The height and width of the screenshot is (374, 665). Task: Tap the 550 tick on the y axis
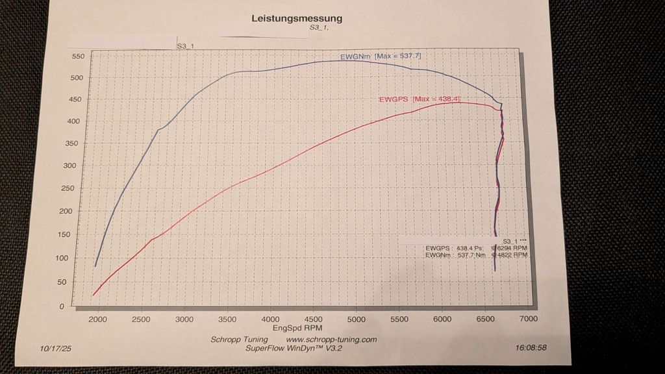pyautogui.click(x=78, y=56)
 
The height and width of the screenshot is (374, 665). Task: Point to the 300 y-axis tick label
pyautogui.click(x=78, y=166)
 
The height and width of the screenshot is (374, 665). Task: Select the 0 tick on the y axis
pyautogui.click(x=80, y=306)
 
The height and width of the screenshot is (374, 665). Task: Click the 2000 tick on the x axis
pyautogui.click(x=98, y=319)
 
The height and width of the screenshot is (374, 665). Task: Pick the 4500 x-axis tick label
pyautogui.click(x=313, y=319)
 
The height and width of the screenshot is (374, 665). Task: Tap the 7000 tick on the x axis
pyautogui.click(x=528, y=318)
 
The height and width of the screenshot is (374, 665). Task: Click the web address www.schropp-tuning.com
pyautogui.click(x=331, y=340)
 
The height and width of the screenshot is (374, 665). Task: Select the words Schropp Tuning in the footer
pyautogui.click(x=238, y=340)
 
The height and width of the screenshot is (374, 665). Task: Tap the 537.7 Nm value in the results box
pyautogui.click(x=471, y=256)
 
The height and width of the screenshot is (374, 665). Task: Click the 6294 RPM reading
pyautogui.click(x=510, y=248)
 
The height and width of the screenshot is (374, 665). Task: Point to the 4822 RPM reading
pyautogui.click(x=510, y=256)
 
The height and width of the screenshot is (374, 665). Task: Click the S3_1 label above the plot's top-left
pyautogui.click(x=186, y=47)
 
